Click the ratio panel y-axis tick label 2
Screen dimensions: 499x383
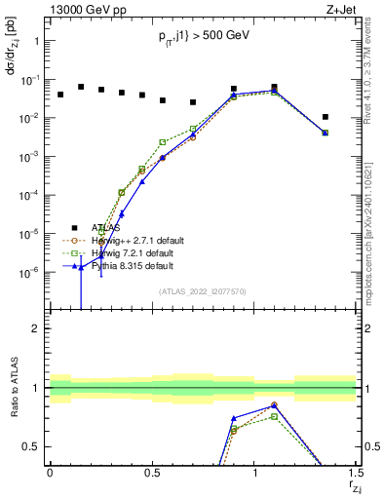35,328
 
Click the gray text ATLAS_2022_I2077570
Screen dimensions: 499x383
203,290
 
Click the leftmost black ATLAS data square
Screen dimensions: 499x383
60,95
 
